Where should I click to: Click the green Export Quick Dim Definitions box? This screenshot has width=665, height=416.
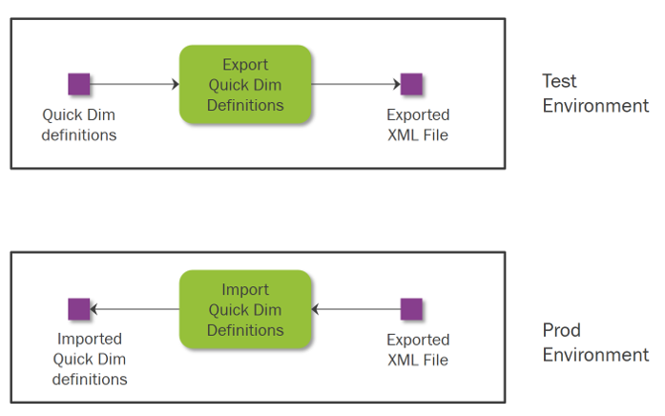pyautogui.click(x=245, y=84)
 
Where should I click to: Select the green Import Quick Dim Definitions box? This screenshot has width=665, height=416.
pyautogui.click(x=245, y=309)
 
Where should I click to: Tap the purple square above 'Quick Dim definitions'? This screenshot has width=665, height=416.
pyautogui.click(x=79, y=84)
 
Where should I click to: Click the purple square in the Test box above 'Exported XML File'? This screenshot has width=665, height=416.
pyautogui.click(x=411, y=84)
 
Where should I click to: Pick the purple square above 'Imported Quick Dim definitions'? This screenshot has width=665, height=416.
pyautogui.click(x=79, y=309)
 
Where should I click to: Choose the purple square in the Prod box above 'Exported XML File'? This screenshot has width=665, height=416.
pyautogui.click(x=411, y=309)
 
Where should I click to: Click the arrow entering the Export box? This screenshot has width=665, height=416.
pyautogui.click(x=135, y=84)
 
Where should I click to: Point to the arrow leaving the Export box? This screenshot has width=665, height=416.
pyautogui.click(x=356, y=84)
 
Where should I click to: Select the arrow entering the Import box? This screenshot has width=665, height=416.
pyautogui.click(x=356, y=309)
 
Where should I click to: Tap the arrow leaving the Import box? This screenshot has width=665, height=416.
pyautogui.click(x=135, y=309)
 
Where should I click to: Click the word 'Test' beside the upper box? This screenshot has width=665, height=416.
pyautogui.click(x=559, y=81)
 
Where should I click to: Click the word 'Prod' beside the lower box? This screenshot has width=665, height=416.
pyautogui.click(x=562, y=330)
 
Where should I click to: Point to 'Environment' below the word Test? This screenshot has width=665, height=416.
pyautogui.click(x=596, y=106)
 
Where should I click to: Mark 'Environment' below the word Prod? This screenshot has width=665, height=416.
pyautogui.click(x=596, y=355)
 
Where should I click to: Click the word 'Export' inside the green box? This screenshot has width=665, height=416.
pyautogui.click(x=245, y=65)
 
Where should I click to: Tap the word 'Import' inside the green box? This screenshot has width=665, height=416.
pyautogui.click(x=245, y=290)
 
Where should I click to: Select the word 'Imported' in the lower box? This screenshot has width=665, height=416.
pyautogui.click(x=90, y=339)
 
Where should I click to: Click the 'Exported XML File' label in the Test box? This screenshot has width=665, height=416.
pyautogui.click(x=418, y=125)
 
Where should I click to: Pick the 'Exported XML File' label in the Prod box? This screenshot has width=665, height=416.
pyautogui.click(x=418, y=350)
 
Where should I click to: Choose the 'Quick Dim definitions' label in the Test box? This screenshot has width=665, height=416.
pyautogui.click(x=79, y=125)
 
